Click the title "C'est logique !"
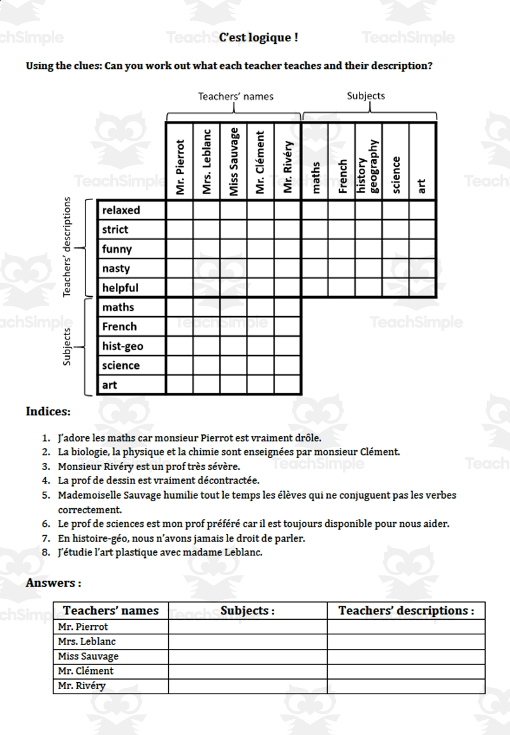(x=258, y=38)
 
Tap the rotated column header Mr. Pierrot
(x=180, y=167)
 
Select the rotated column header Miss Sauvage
(x=234, y=162)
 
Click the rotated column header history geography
(x=368, y=166)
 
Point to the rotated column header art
(x=422, y=185)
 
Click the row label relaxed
(x=121, y=210)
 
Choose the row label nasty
(x=116, y=269)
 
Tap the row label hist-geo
(x=122, y=346)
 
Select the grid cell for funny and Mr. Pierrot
(x=180, y=249)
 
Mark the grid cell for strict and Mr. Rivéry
(x=288, y=229)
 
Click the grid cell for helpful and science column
(x=395, y=288)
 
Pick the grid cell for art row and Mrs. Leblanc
(x=207, y=385)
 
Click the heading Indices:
(x=48, y=411)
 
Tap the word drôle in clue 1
(x=307, y=438)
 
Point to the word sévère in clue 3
(x=223, y=466)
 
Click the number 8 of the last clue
(x=45, y=552)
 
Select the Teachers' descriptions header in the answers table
(x=406, y=610)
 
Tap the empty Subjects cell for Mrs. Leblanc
(x=247, y=641)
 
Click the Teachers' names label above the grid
(x=235, y=97)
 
